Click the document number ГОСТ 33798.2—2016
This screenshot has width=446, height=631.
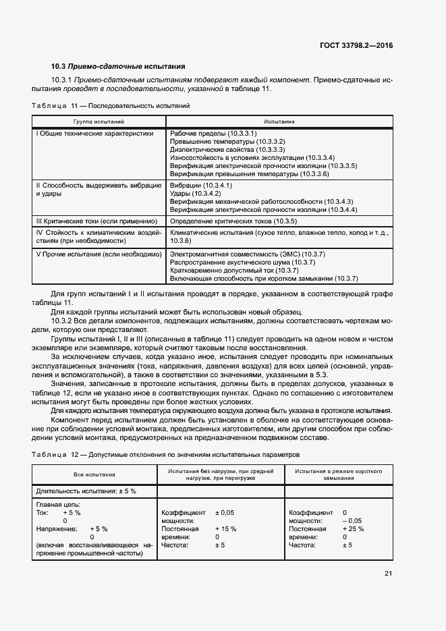356,45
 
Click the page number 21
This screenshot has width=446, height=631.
389,574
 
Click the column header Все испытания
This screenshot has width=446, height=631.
94,475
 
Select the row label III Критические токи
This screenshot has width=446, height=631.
96,221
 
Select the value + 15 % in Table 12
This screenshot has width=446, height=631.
225,528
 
